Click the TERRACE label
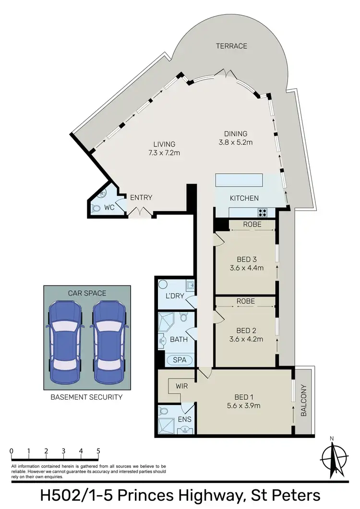(x=231, y=46)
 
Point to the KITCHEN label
(x=244, y=198)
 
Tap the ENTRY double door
(x=140, y=212)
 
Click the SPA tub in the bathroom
(x=180, y=360)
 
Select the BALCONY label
(x=303, y=401)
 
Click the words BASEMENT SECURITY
(x=87, y=397)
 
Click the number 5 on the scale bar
(x=98, y=451)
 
